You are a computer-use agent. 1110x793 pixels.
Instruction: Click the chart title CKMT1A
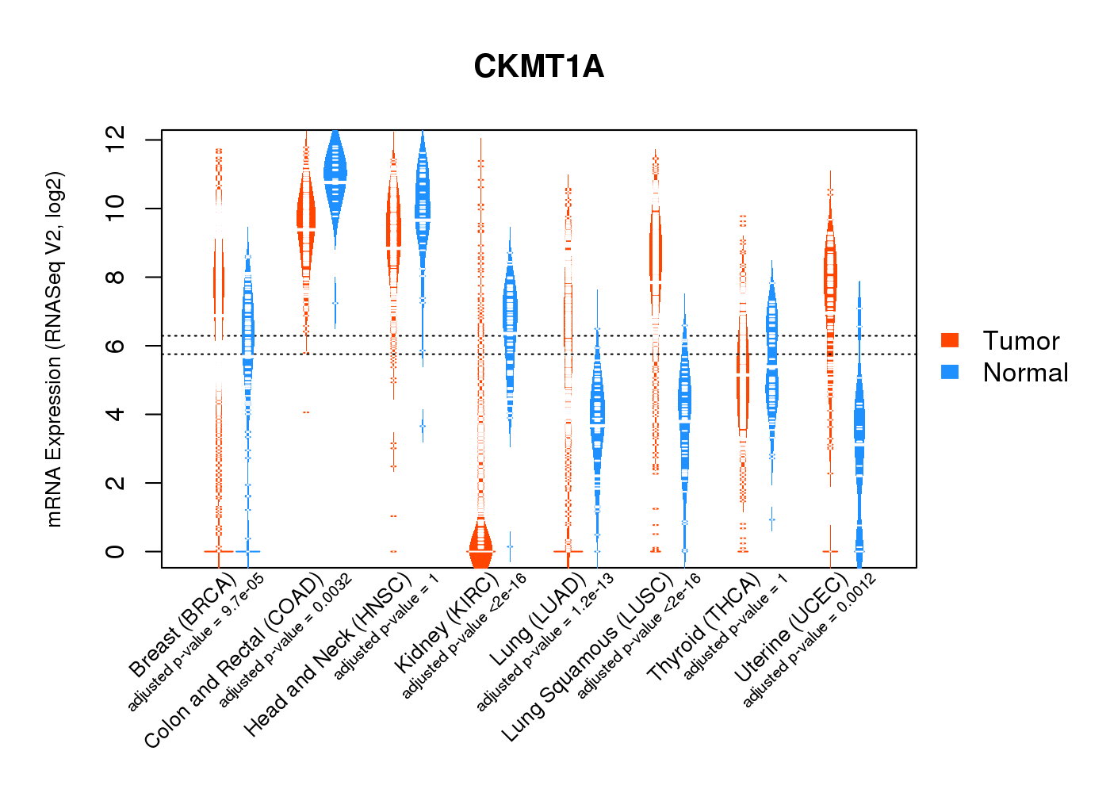(538, 67)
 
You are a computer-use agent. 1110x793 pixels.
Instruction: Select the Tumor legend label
(1020, 341)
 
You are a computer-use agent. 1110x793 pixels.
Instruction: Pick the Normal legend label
(1025, 373)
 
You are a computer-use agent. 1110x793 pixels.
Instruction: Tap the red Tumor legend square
(950, 340)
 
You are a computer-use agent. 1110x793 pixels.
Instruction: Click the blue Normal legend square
(950, 372)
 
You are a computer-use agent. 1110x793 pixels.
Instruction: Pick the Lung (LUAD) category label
(538, 620)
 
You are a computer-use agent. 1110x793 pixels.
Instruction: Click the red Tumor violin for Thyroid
(742, 373)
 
